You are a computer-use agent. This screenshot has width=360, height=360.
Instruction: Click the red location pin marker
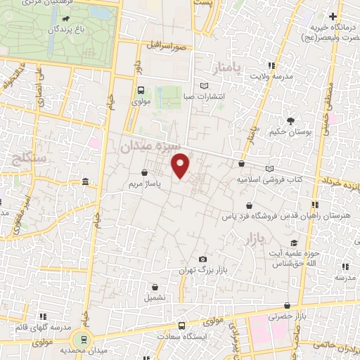coord(181,166)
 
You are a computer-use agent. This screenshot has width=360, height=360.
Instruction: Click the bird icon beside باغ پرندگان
coord(65,19)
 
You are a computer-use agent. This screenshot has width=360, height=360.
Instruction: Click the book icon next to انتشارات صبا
coord(205,86)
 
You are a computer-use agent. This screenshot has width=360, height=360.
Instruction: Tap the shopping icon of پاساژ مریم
coord(144,172)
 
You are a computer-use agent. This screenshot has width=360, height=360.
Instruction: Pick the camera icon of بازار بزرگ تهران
coord(203,259)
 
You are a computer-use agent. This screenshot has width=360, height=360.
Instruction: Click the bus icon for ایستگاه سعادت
coord(182,326)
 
